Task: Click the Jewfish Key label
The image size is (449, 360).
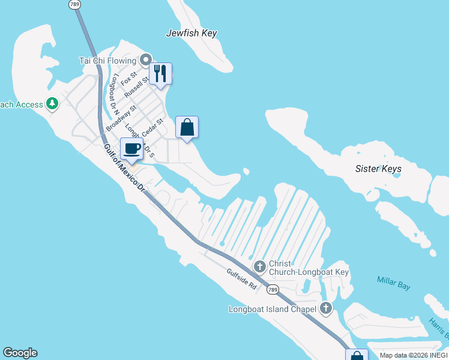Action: tap(191, 34)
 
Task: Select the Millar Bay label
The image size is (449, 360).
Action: tap(394, 283)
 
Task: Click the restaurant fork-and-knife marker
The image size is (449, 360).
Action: tap(160, 74)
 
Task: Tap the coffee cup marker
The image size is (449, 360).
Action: tap(132, 149)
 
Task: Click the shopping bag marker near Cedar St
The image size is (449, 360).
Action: tap(187, 127)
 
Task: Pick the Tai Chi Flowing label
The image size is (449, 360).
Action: tap(108, 60)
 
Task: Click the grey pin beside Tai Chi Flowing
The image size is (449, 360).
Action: tap(145, 60)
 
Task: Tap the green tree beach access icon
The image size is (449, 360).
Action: tap(52, 104)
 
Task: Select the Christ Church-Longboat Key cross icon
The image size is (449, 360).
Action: tap(260, 265)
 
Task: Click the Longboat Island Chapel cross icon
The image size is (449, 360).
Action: tap(325, 309)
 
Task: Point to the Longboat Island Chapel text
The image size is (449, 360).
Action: tap(272, 310)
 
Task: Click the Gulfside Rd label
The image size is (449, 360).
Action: tap(242, 280)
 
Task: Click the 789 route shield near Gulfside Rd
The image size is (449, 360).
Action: tap(273, 290)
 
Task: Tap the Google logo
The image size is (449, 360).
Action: tap(20, 353)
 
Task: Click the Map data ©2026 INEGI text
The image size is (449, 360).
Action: tap(413, 355)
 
